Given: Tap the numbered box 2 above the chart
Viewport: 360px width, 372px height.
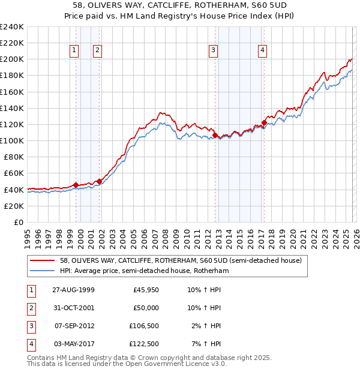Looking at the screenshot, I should [x=97, y=51].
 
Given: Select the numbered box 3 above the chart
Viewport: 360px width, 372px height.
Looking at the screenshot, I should [x=213, y=51].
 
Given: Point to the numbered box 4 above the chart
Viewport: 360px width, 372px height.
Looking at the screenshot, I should [x=263, y=51].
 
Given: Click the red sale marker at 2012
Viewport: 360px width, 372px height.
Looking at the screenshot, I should [x=215, y=136].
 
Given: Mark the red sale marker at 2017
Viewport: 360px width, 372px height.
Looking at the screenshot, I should [x=264, y=122].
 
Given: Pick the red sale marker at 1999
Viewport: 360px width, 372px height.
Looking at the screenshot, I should [x=76, y=185].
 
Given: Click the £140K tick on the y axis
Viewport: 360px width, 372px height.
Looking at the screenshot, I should [x=12, y=108].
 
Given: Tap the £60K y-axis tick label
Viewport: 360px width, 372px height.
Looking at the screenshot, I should [x=14, y=173].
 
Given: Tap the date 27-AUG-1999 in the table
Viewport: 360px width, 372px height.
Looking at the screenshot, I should [x=74, y=290].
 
